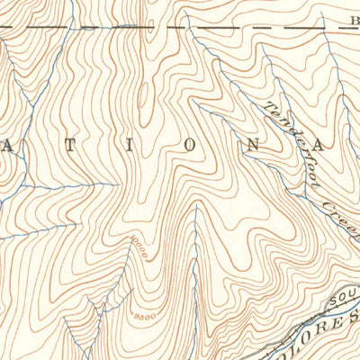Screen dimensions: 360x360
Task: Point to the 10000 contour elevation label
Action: coord(138,245)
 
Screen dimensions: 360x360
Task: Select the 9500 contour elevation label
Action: coord(143,317)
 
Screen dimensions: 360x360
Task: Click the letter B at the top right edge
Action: coord(353,19)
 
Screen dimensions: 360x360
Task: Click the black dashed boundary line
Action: coord(135,26)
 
